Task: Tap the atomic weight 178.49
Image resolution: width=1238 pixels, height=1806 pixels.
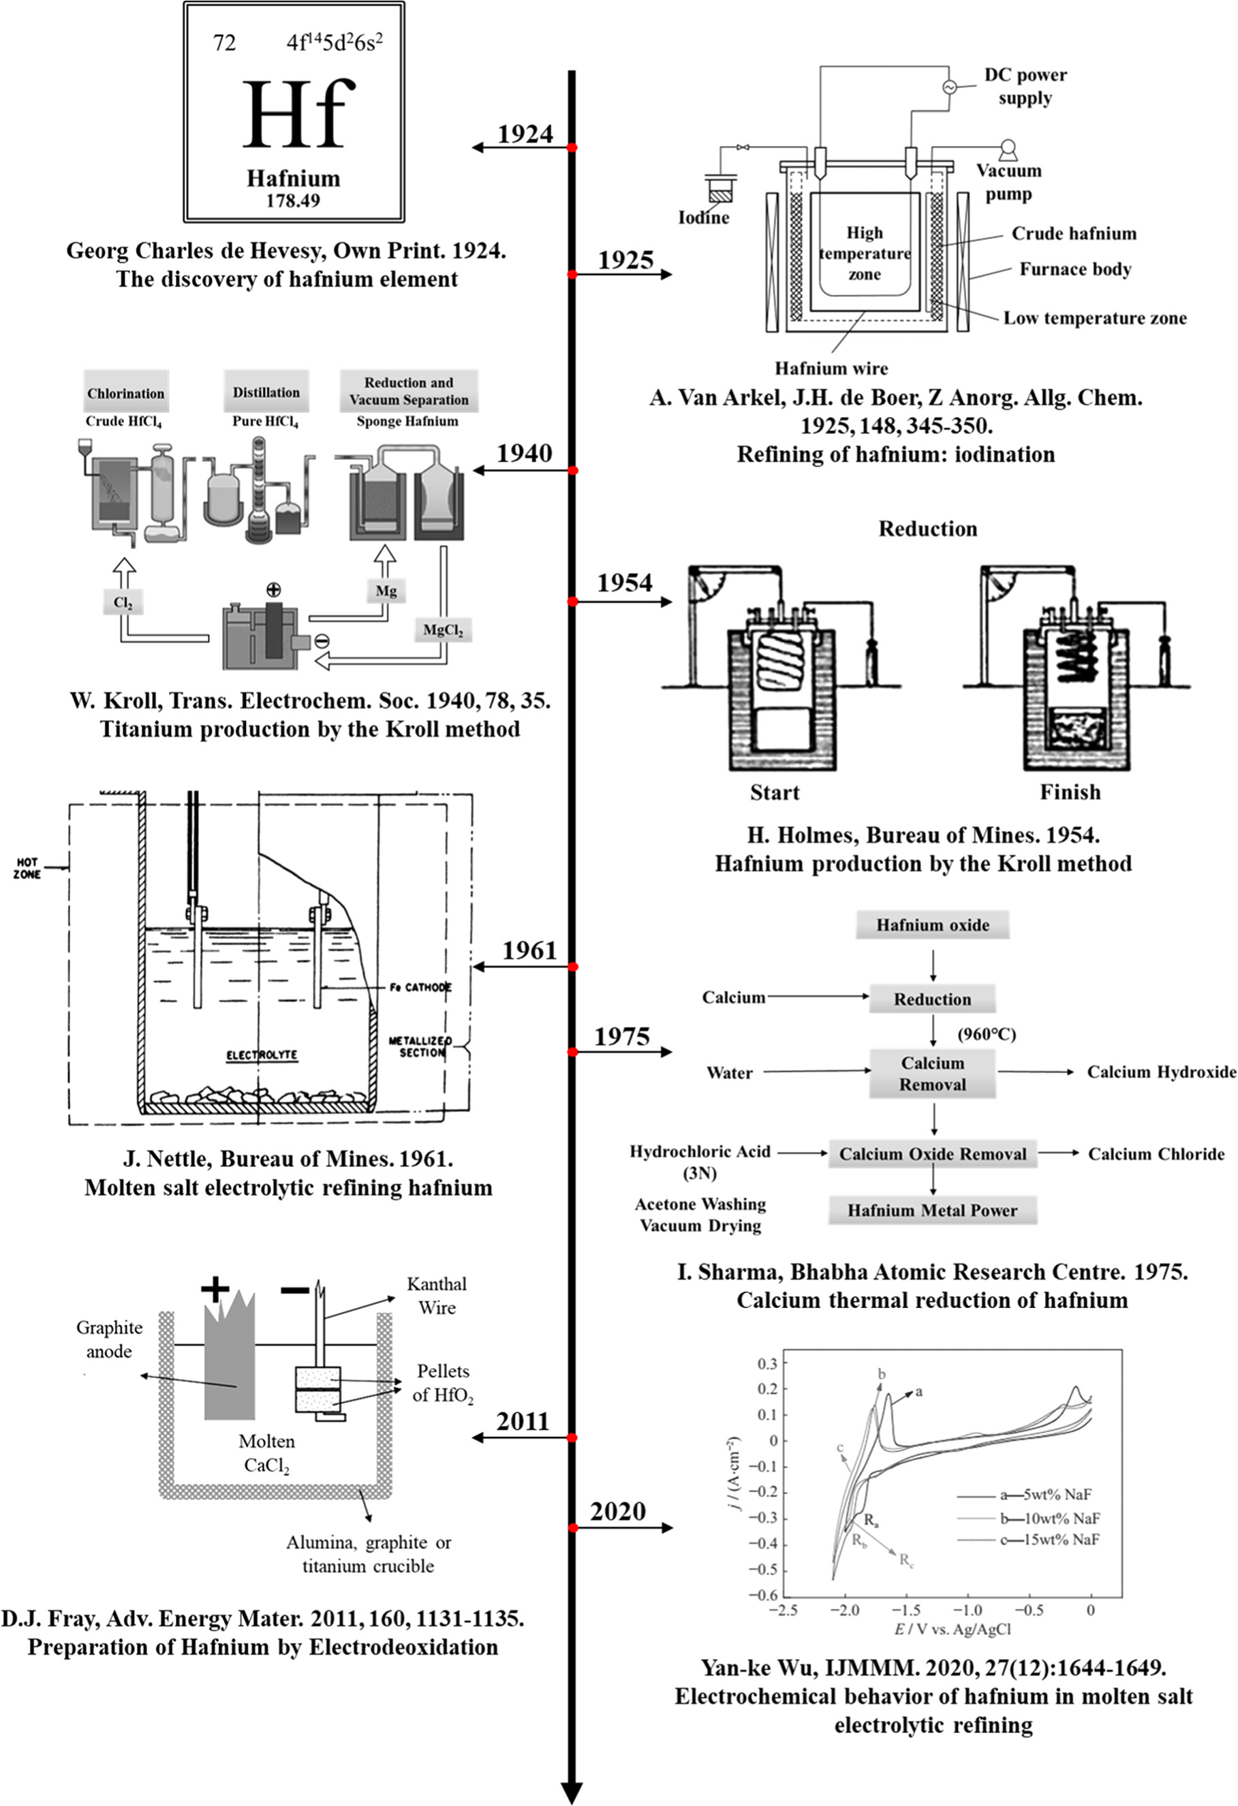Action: [x=292, y=200]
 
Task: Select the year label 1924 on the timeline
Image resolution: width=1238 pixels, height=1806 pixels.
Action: [x=525, y=134]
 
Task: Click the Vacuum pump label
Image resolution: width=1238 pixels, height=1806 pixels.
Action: [x=1009, y=182]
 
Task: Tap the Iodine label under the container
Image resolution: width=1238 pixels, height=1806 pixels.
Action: [x=704, y=217]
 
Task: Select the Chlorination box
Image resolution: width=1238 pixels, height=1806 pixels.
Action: [x=126, y=392]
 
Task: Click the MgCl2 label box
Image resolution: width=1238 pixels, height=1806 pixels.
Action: [x=443, y=629]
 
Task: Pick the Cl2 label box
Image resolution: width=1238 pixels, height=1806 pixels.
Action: [x=123, y=602]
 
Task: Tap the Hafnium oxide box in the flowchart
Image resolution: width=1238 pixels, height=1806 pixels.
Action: [x=933, y=924]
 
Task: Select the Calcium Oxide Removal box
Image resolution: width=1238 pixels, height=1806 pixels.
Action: [x=933, y=1154]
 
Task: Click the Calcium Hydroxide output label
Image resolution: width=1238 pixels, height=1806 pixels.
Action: [x=1161, y=1072]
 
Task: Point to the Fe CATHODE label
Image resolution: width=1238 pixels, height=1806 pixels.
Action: [x=420, y=987]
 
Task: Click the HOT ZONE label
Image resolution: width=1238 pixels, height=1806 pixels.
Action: [x=27, y=868]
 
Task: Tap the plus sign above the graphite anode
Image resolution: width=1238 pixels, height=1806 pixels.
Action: [x=215, y=1290]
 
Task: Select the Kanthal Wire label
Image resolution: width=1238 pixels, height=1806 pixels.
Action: [x=437, y=1296]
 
